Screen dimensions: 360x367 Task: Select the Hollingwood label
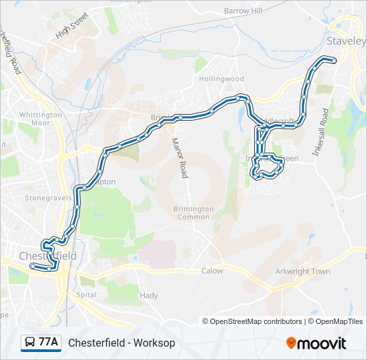click(x=222, y=79)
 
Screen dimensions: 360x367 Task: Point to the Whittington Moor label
click(x=40, y=119)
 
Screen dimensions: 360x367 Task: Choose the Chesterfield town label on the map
click(x=47, y=256)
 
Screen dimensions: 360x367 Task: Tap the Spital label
click(x=87, y=294)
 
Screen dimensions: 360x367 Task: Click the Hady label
click(x=148, y=295)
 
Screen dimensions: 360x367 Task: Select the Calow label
click(x=212, y=271)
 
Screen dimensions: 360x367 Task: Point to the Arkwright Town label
click(x=303, y=271)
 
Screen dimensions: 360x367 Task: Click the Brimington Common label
click(x=194, y=213)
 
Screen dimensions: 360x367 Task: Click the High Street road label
click(x=72, y=26)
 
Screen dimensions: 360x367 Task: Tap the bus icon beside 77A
click(x=31, y=343)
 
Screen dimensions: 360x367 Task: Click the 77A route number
click(x=48, y=343)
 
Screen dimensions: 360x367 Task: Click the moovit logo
click(x=316, y=343)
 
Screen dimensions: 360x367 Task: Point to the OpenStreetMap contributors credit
click(x=253, y=321)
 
